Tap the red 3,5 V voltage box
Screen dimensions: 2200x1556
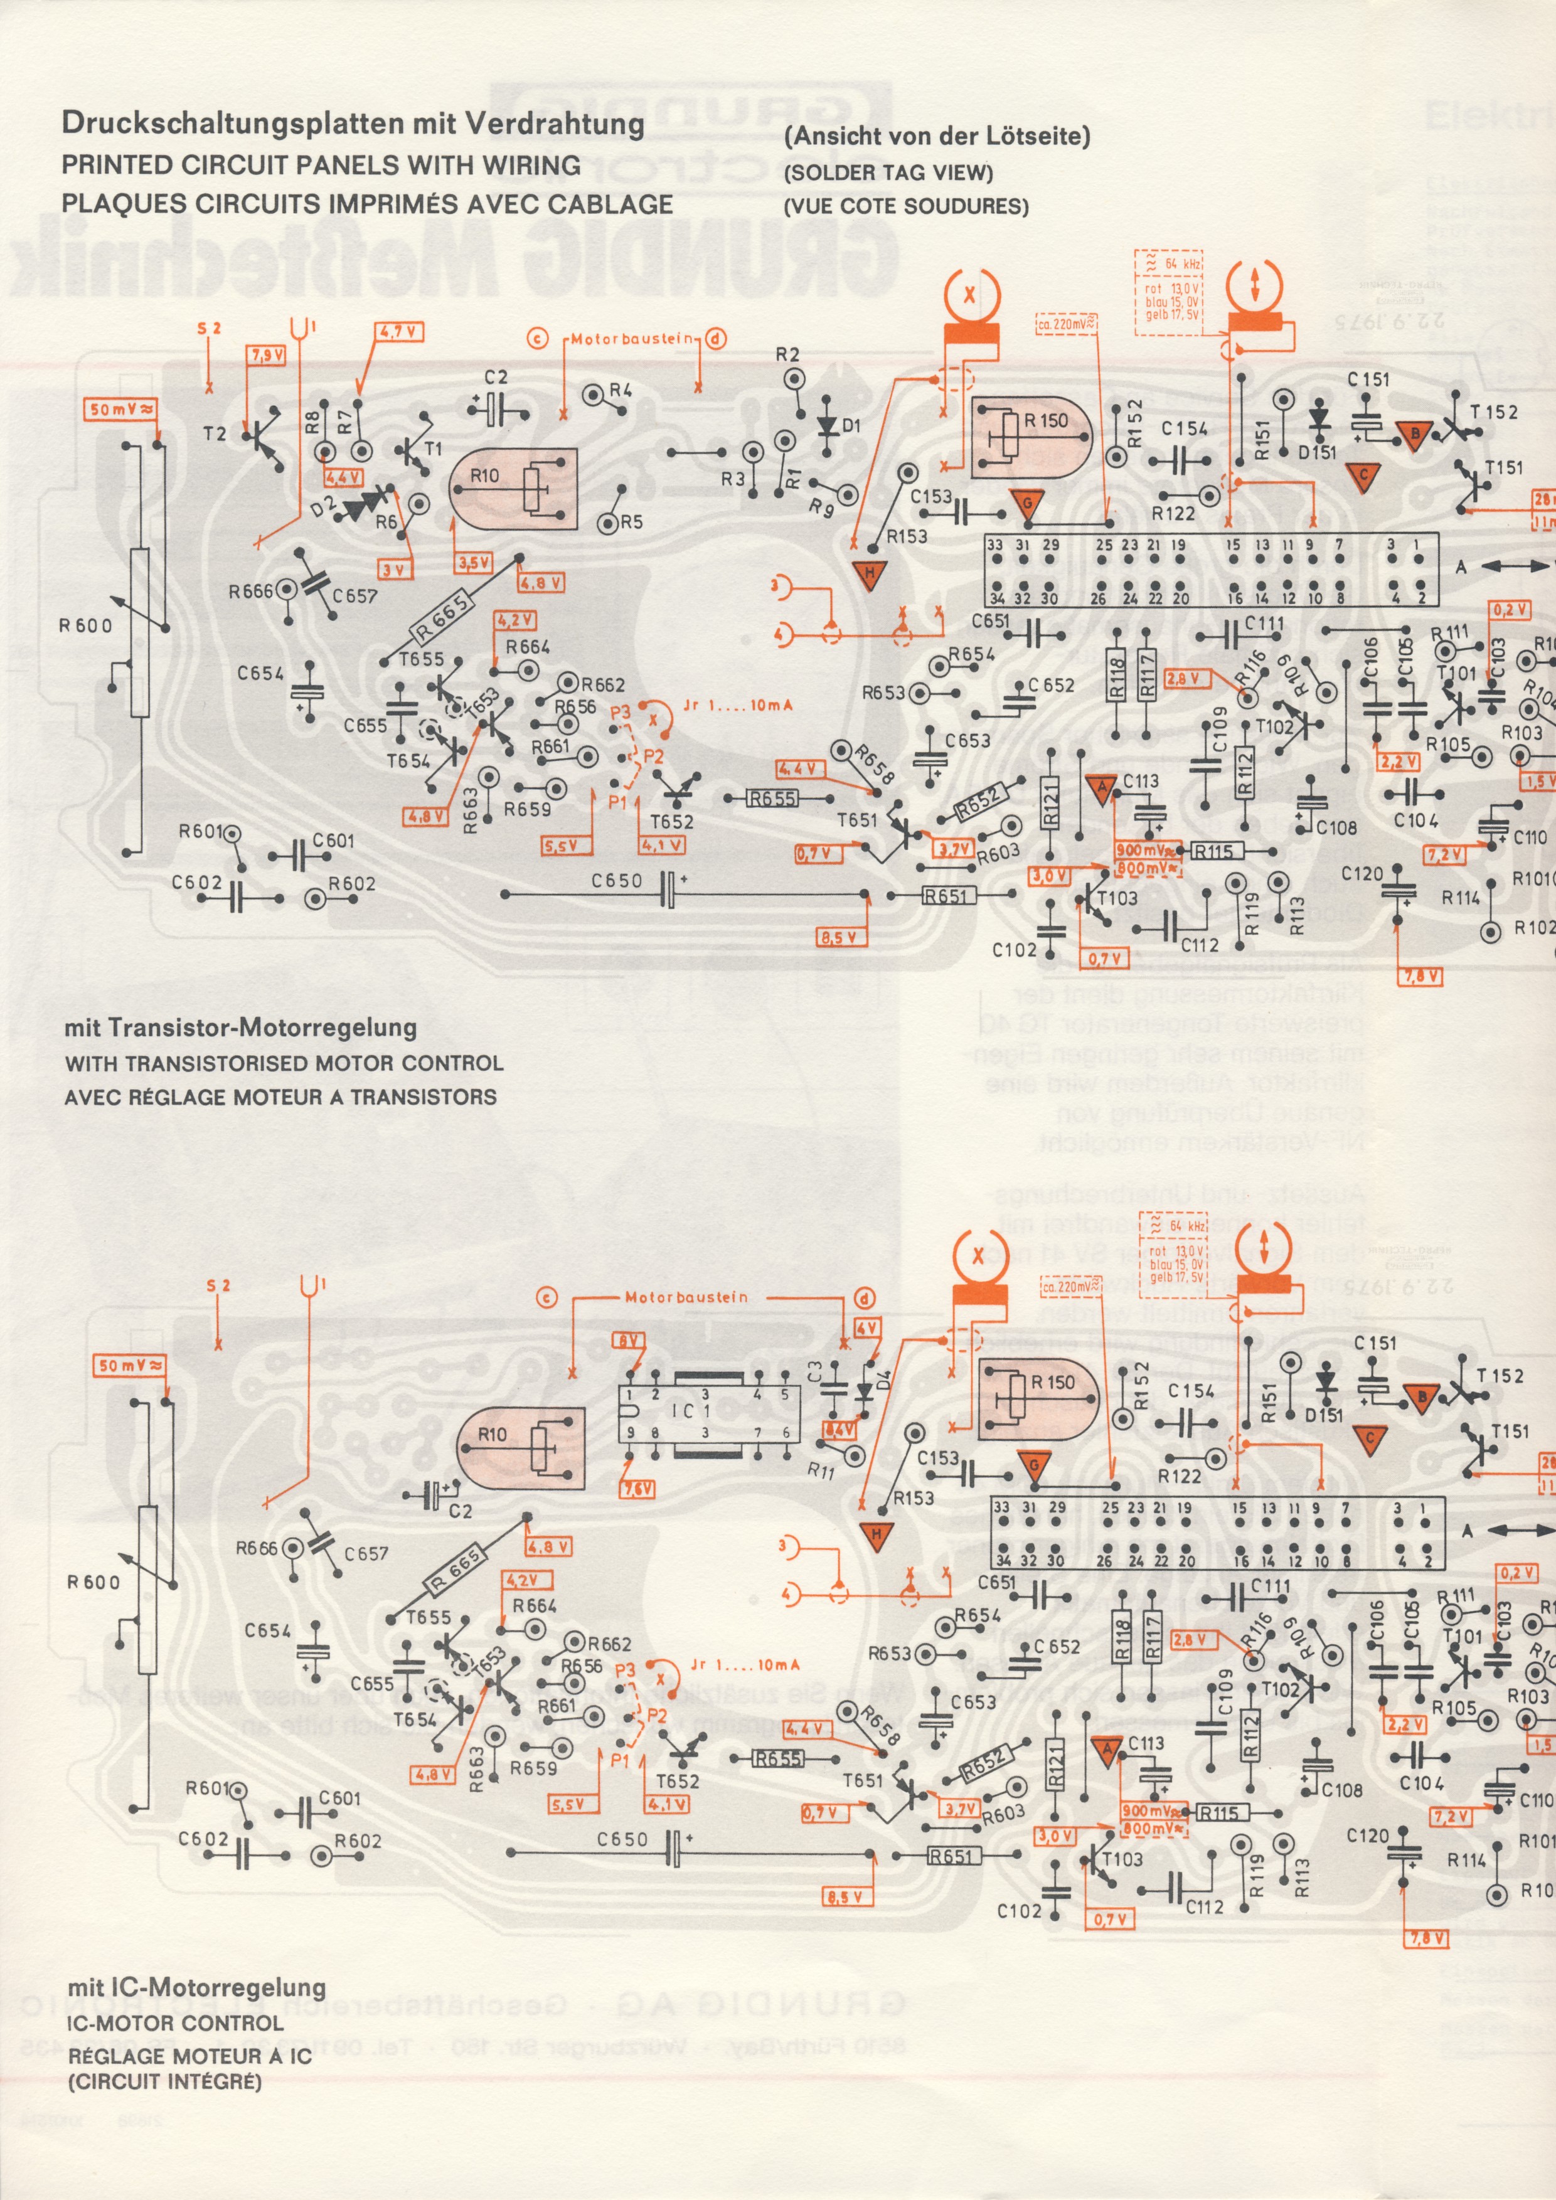coord(473,563)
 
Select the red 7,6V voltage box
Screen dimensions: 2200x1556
coord(637,1488)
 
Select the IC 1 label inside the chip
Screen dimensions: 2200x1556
coord(690,1410)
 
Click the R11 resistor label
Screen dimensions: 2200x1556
coord(820,1470)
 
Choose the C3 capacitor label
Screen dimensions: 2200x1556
coord(814,1372)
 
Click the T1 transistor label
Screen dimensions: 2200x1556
coord(433,449)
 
